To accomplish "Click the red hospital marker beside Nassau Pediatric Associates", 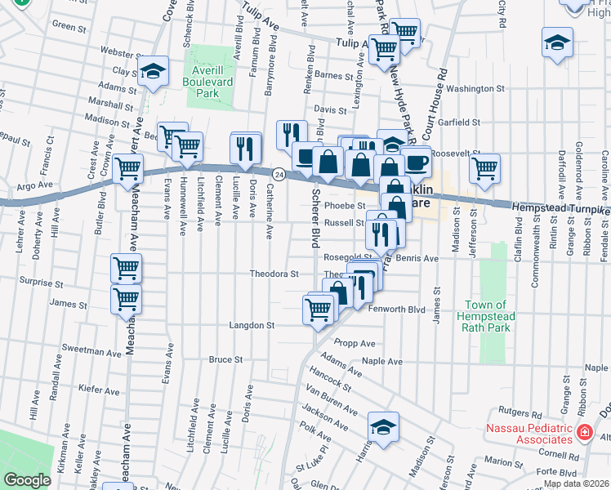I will pos(585,432).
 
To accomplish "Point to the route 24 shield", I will pos(279,175).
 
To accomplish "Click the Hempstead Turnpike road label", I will pos(560,211).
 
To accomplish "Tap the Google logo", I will pos(28,480).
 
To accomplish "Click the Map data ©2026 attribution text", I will pos(575,483).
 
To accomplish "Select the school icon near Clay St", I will pos(153,72).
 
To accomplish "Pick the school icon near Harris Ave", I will pos(382,427).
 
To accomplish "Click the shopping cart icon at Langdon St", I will pos(317,310).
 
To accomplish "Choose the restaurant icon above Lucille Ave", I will pos(245,147).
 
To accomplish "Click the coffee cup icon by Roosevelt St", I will pos(416,162).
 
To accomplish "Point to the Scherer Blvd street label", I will pos(314,219).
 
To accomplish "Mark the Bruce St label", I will pos(225,359).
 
